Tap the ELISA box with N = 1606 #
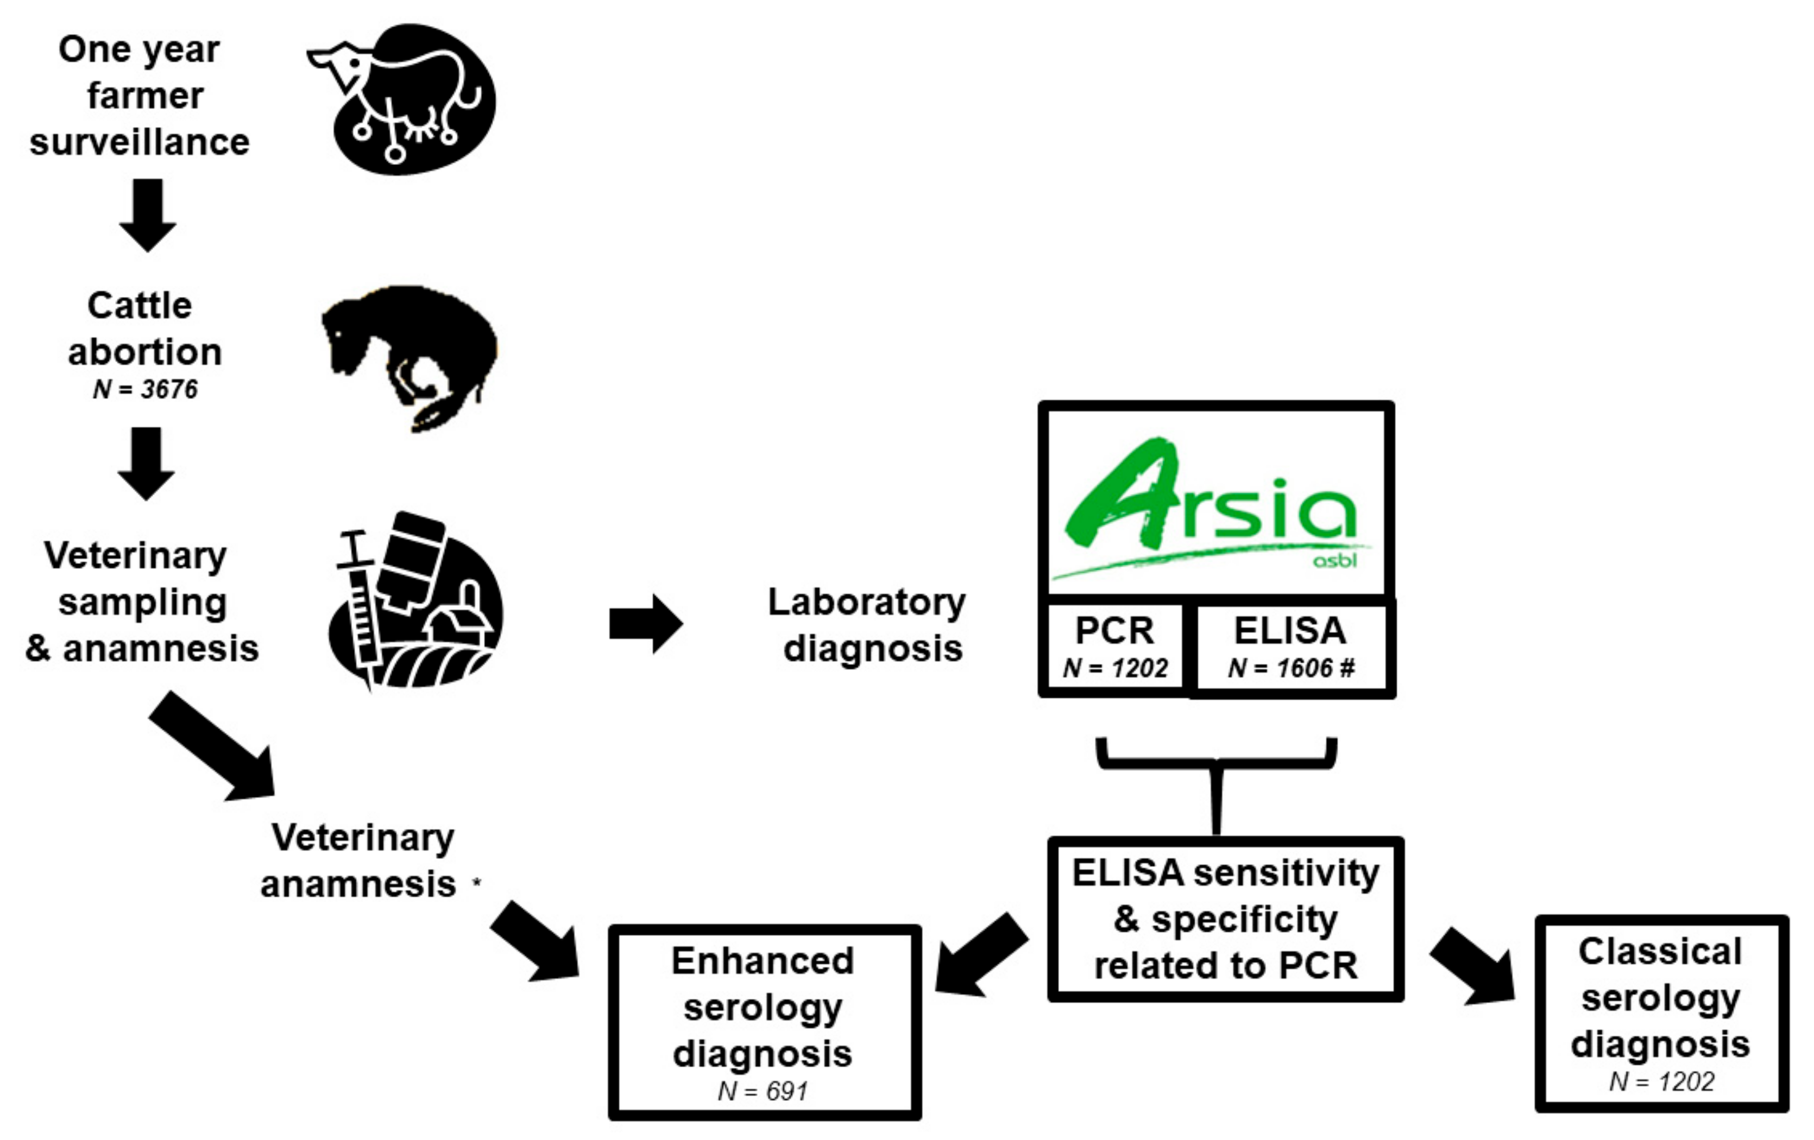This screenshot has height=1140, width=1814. (x=1290, y=648)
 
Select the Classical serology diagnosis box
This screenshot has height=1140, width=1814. (x=1660, y=1013)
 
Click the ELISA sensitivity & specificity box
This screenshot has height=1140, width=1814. (x=1225, y=919)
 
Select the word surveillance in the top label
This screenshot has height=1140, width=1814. (x=140, y=142)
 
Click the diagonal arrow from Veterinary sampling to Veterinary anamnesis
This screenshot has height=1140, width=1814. (x=215, y=745)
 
